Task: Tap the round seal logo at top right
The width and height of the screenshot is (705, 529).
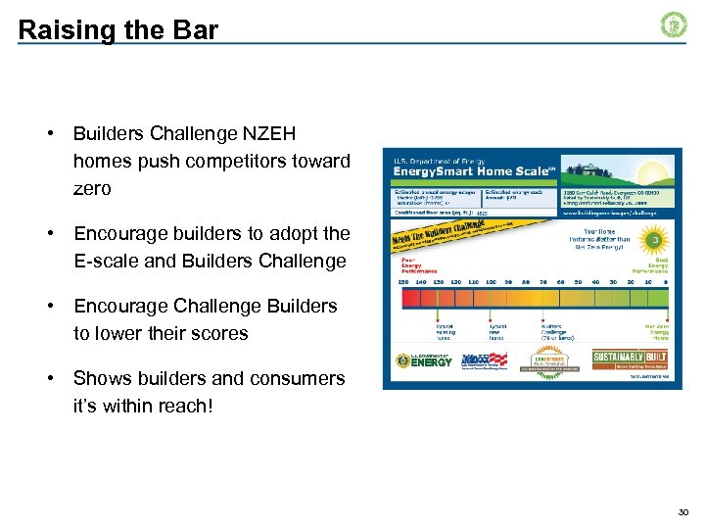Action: pos(675,25)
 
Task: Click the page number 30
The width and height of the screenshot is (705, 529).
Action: pos(682,511)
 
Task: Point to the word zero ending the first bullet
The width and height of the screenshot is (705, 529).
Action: pos(92,188)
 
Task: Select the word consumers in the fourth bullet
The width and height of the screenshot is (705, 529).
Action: pos(299,378)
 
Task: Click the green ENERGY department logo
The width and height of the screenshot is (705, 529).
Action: pos(426,361)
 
